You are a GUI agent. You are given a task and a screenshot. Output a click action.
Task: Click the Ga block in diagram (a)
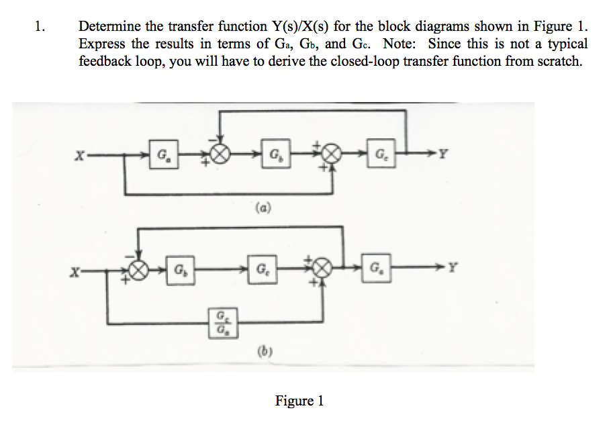[x=163, y=156]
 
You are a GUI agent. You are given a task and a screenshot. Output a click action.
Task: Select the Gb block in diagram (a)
[x=274, y=156]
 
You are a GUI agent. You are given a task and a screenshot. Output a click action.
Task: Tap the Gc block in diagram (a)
[x=380, y=156]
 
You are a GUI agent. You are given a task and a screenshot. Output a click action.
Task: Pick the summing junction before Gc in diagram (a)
[x=330, y=156]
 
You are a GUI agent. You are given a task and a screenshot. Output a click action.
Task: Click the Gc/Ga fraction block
[x=220, y=323]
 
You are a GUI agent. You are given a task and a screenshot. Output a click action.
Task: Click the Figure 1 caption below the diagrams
[x=299, y=401]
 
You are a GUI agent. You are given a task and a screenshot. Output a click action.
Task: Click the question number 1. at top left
[x=41, y=27]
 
